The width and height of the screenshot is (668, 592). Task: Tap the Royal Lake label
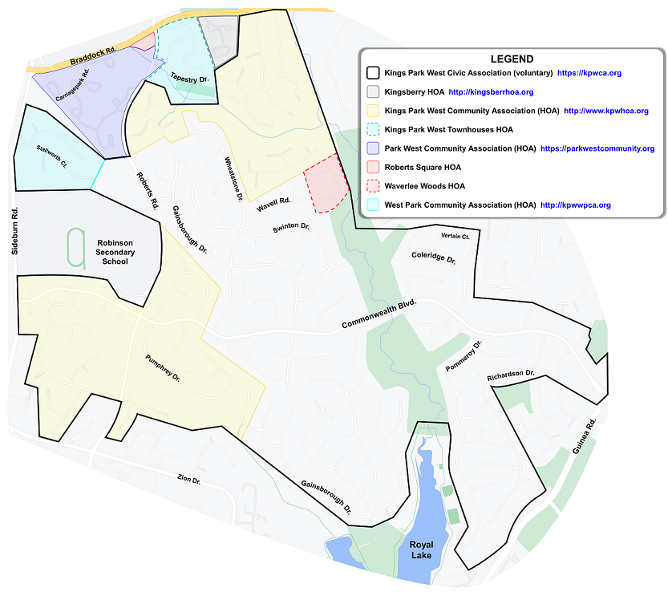421,550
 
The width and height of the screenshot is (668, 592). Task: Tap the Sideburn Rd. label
14,232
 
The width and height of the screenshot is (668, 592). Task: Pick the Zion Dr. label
188,480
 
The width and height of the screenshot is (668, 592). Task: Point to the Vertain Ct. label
455,237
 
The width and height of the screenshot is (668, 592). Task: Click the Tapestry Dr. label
189,77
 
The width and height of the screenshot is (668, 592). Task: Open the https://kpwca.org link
589,73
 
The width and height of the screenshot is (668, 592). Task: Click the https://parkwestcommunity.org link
597,148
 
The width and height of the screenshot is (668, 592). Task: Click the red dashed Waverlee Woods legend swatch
371,186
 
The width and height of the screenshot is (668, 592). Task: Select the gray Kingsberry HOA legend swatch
371,92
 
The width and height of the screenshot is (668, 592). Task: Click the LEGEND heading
512,59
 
